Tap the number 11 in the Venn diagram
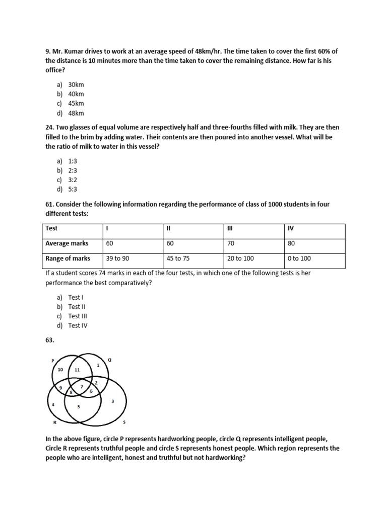point(77,370)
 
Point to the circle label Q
point(110,360)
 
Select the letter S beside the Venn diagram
point(124,421)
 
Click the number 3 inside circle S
point(112,401)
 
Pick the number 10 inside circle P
point(60,369)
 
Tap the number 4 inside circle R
point(53,404)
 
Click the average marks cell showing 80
point(291,243)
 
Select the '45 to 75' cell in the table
point(179,258)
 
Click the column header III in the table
point(230,228)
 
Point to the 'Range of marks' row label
point(68,258)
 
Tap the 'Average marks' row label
point(67,243)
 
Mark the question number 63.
point(50,340)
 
